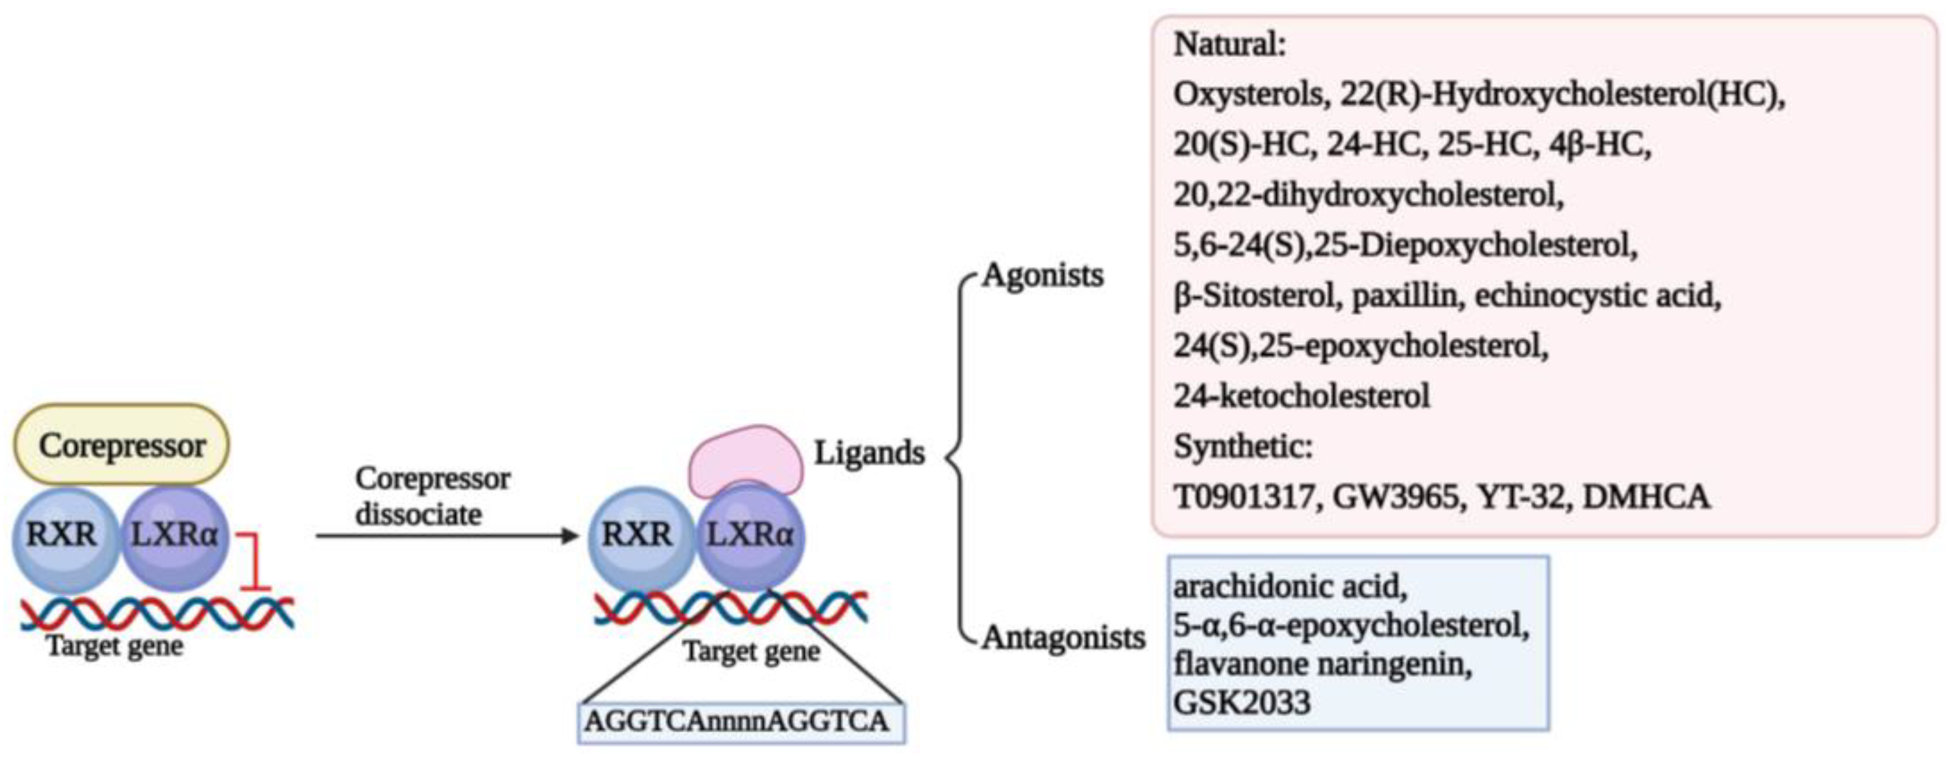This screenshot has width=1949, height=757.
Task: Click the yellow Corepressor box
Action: click(x=121, y=445)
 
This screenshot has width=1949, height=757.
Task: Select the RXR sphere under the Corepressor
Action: click(x=64, y=538)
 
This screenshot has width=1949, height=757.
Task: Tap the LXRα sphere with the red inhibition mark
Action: click(x=175, y=538)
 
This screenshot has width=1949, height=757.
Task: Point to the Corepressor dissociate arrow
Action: click(x=446, y=536)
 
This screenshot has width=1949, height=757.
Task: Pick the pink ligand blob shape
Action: click(x=745, y=458)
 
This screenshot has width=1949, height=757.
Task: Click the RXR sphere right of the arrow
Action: click(x=638, y=538)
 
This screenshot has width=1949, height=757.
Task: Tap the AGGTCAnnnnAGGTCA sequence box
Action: click(x=740, y=721)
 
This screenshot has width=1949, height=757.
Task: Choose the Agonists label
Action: click(x=1042, y=275)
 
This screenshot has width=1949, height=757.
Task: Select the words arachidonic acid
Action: click(x=1290, y=587)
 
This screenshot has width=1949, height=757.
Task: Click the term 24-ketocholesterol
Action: click(x=1301, y=396)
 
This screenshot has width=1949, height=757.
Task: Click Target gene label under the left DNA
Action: click(x=115, y=647)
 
